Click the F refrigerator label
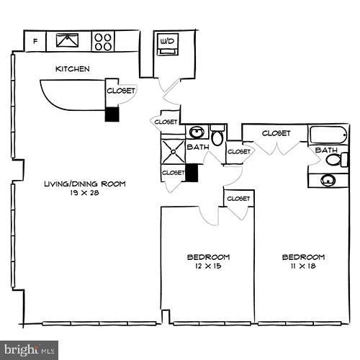click(x=35, y=41)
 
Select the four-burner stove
click(x=103, y=41)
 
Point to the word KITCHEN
click(x=73, y=69)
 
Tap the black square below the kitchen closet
click(x=112, y=114)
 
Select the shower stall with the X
click(x=174, y=152)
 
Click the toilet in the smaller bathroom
click(x=217, y=137)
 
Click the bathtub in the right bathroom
click(x=329, y=135)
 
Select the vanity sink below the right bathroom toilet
click(x=329, y=179)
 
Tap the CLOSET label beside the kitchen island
click(x=120, y=91)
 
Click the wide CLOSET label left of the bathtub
click(x=276, y=133)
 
